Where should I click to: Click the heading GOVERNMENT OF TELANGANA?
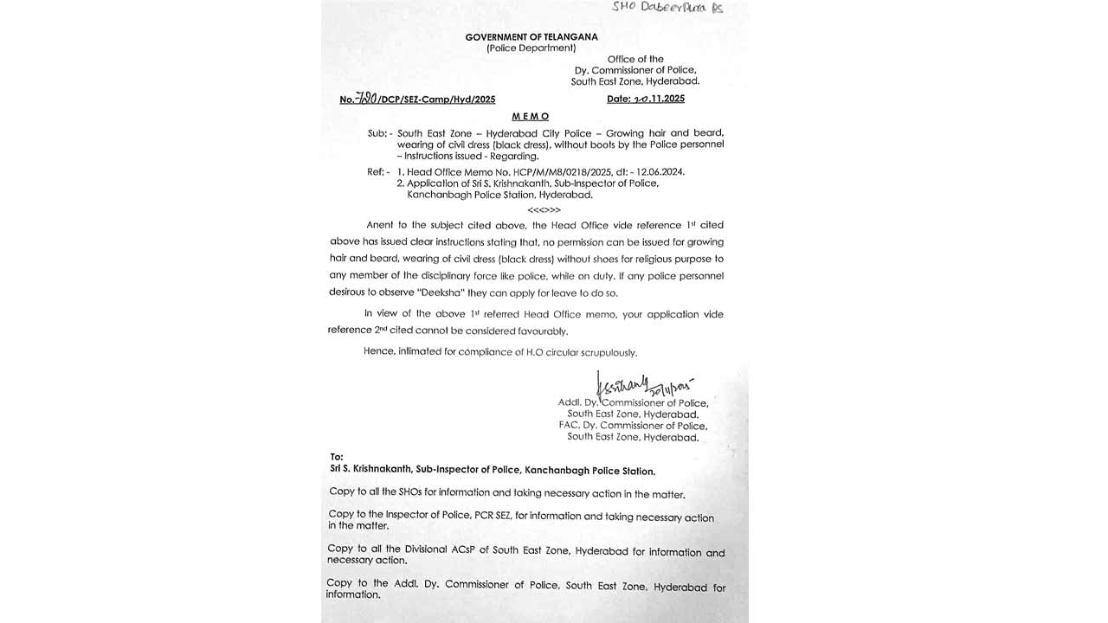click(x=531, y=37)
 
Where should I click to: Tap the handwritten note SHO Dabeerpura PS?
click(x=667, y=8)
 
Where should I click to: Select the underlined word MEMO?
click(x=531, y=116)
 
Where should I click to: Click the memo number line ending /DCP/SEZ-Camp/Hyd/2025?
click(x=418, y=100)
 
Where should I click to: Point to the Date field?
click(x=645, y=99)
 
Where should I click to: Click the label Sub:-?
click(x=378, y=134)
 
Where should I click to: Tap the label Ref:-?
click(x=378, y=172)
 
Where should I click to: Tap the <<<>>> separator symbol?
click(x=544, y=209)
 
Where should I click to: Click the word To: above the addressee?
click(x=337, y=457)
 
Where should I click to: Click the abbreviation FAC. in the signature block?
click(x=569, y=426)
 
